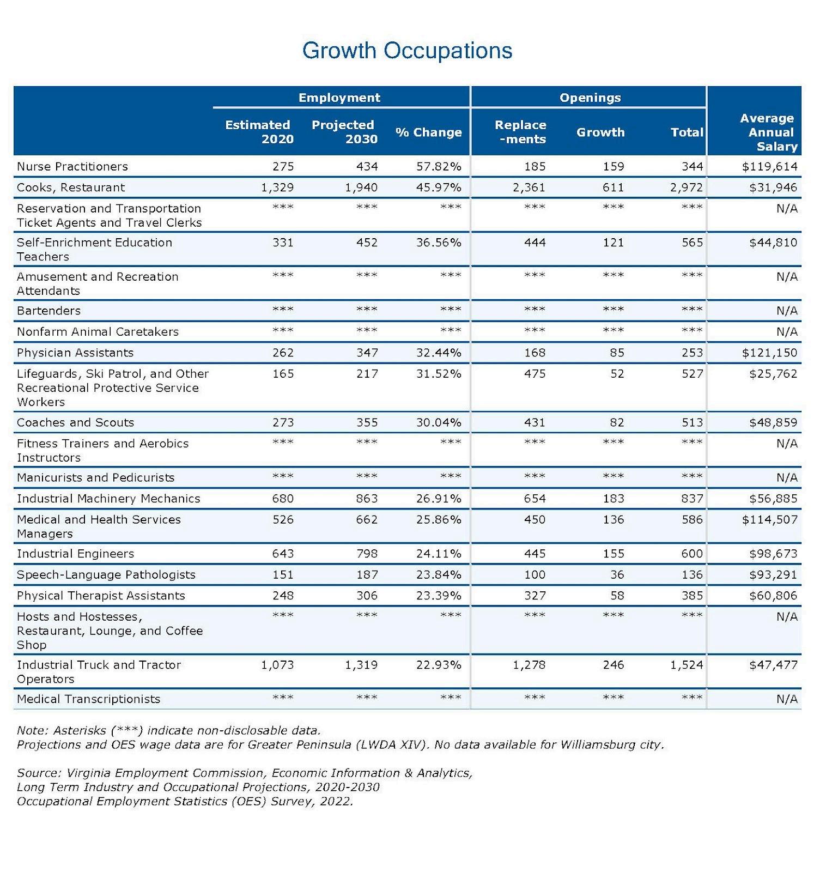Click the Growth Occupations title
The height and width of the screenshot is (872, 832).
pyautogui.click(x=407, y=51)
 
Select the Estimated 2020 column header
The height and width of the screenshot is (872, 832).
pyautogui.click(x=259, y=132)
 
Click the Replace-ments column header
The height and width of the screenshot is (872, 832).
pyautogui.click(x=520, y=132)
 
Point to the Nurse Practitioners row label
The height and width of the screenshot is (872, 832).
pyautogui.click(x=72, y=166)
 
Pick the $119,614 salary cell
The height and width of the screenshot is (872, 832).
pyautogui.click(x=769, y=166)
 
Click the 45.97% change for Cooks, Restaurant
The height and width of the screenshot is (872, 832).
pyautogui.click(x=439, y=187)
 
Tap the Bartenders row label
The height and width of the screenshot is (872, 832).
pyautogui.click(x=48, y=311)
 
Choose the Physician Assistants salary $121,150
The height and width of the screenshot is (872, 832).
pyautogui.click(x=769, y=353)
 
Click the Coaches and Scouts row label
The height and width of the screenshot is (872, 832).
pyautogui.click(x=75, y=422)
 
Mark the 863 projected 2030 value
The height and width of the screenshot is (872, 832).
pyautogui.click(x=367, y=499)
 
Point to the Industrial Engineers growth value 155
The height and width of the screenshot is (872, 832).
pyautogui.click(x=613, y=554)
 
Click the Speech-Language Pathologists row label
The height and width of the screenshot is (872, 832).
pyautogui.click(x=106, y=574)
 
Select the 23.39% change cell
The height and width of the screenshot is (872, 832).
pyautogui.click(x=439, y=596)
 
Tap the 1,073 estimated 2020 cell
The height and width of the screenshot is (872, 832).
pyautogui.click(x=277, y=665)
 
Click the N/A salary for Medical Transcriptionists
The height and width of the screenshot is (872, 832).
pyautogui.click(x=787, y=699)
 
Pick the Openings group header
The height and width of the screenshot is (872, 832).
pyautogui.click(x=590, y=98)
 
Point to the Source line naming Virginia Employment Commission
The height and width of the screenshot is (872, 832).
pyautogui.click(x=245, y=773)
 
